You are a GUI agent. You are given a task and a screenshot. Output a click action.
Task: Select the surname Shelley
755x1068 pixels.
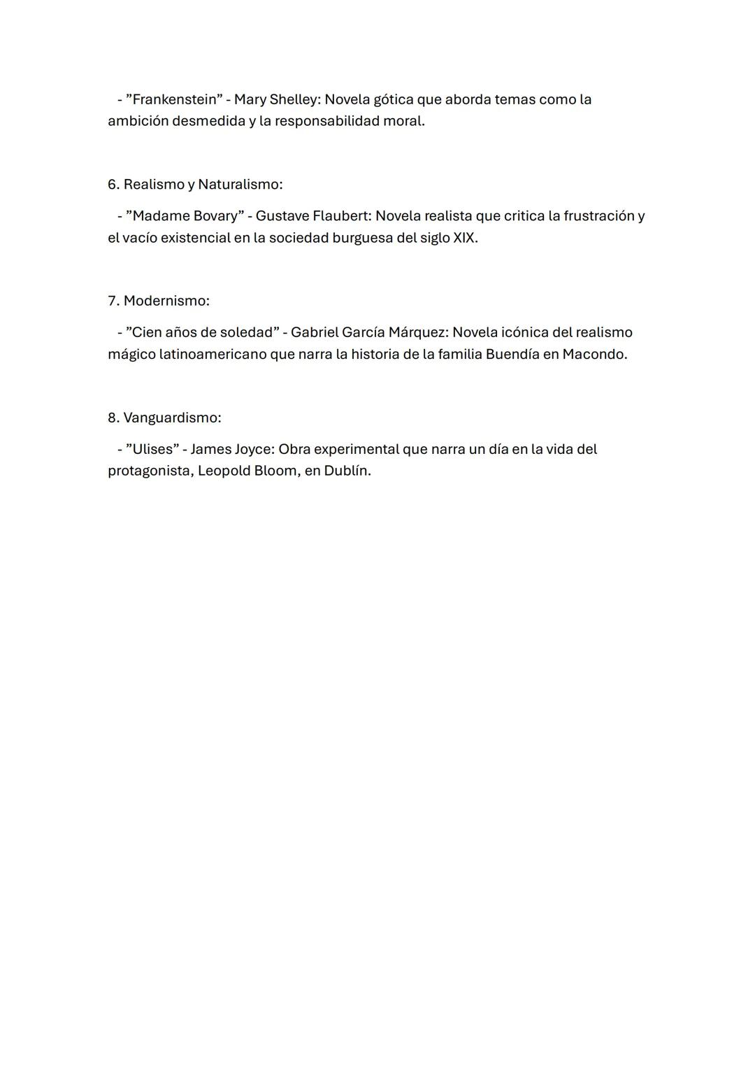coord(294,99)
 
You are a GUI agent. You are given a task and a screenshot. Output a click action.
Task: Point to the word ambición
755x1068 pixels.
coord(138,121)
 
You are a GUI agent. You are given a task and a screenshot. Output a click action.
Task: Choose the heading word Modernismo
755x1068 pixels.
coord(166,301)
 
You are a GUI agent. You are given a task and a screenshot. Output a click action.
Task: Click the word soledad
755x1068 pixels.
coord(245,332)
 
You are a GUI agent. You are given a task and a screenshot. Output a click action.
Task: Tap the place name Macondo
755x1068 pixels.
coord(594,355)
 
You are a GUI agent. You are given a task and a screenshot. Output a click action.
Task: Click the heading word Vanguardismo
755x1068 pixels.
coord(172,418)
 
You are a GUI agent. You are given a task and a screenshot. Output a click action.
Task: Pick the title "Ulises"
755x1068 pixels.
coord(152,449)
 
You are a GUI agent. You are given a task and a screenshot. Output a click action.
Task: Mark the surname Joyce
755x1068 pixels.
coord(254,449)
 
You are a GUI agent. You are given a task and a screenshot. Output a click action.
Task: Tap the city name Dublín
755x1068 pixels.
coord(347,471)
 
